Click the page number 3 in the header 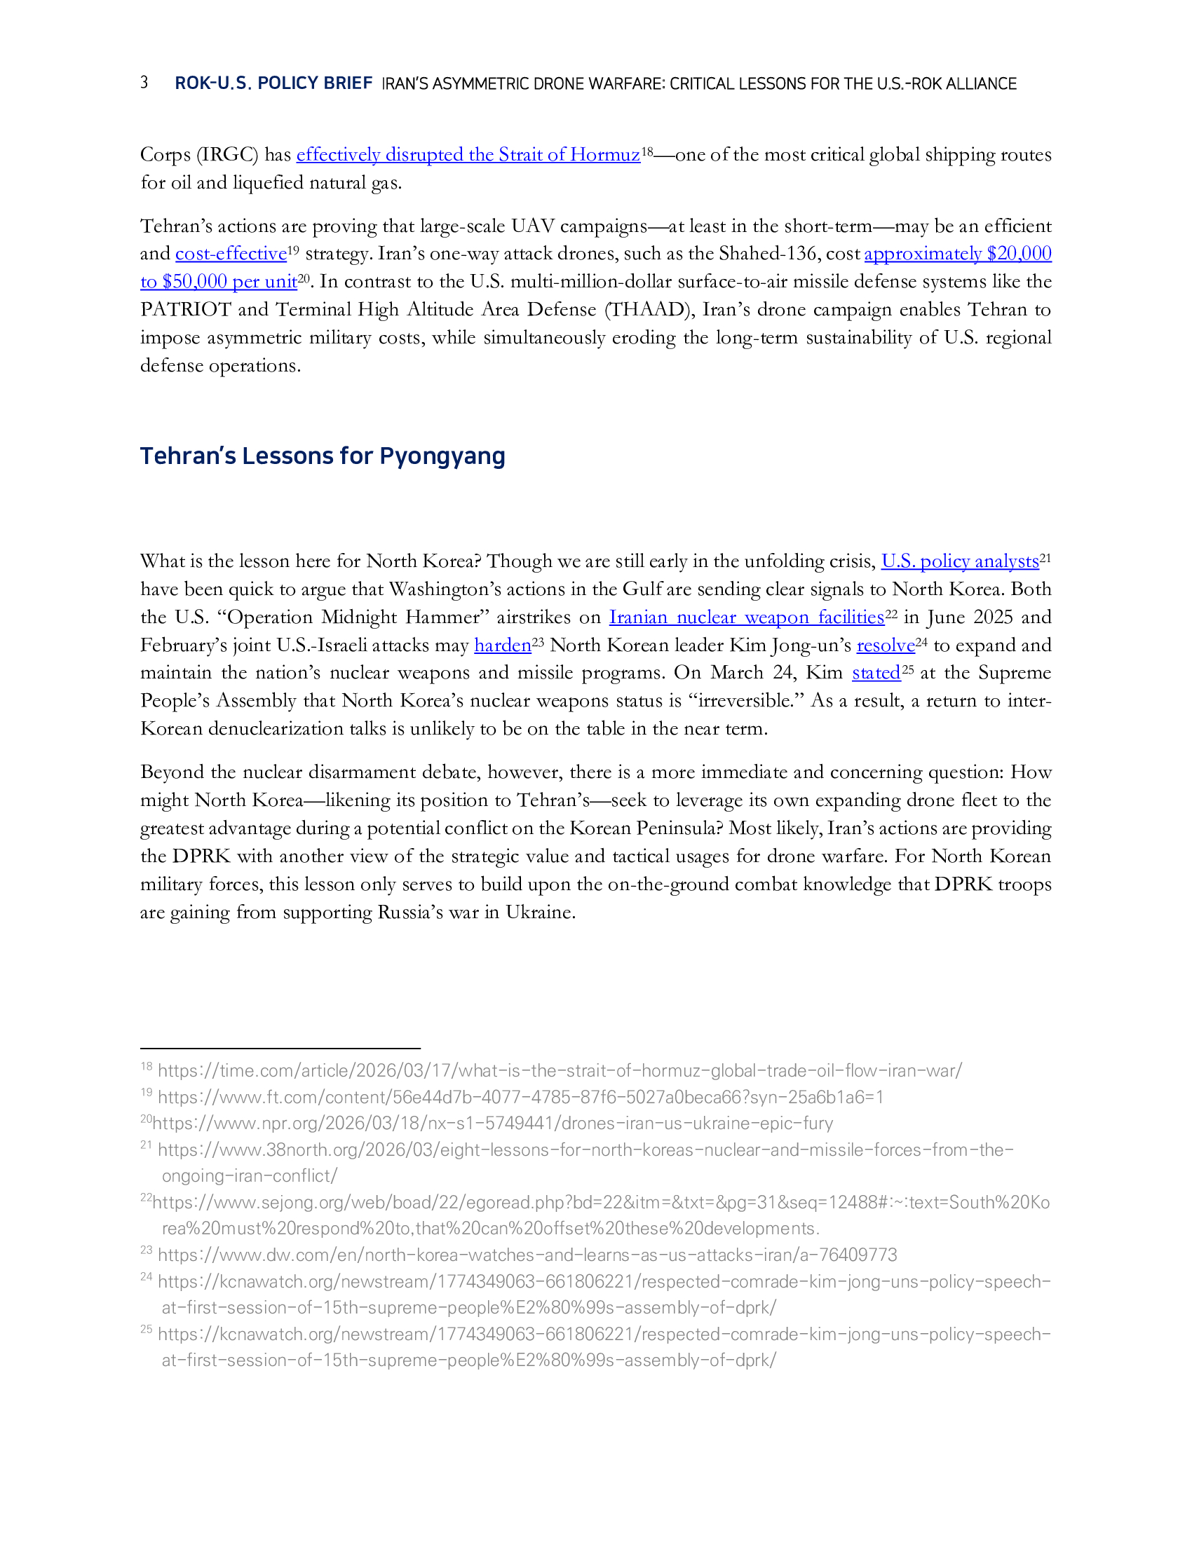(x=144, y=83)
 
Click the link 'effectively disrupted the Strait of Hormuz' (x=468, y=155)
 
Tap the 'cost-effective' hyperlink (x=231, y=254)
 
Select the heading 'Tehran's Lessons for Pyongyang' (x=322, y=456)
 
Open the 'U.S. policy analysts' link (x=960, y=561)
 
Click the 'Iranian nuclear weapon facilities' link (x=747, y=617)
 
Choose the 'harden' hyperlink (x=502, y=646)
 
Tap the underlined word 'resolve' (x=885, y=646)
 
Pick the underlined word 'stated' (x=876, y=673)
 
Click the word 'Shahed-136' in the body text (x=770, y=254)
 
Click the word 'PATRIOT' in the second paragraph (x=185, y=309)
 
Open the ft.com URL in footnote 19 (x=520, y=1097)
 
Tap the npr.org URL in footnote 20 (x=493, y=1124)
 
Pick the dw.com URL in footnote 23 (x=527, y=1255)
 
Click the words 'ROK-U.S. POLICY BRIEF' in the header (x=273, y=83)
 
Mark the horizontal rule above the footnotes (x=280, y=1049)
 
